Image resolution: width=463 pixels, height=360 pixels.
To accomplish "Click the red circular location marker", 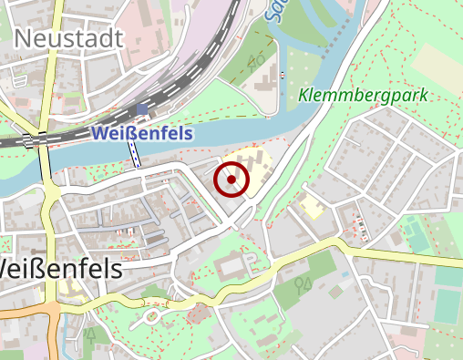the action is [231, 180].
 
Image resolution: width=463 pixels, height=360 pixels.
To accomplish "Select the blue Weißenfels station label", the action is [141, 133].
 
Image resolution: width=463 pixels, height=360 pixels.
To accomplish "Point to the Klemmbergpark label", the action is [362, 96].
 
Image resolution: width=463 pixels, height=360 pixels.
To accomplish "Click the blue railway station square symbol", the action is [141, 110].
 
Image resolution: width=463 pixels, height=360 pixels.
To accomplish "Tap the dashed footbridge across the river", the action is [136, 156].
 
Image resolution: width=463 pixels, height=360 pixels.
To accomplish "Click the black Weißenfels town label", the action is [60, 271].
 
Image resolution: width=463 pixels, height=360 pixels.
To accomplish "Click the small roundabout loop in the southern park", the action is [150, 317].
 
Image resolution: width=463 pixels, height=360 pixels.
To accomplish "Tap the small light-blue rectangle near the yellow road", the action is [345, 273].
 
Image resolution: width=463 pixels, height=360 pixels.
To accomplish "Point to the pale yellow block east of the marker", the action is [312, 205].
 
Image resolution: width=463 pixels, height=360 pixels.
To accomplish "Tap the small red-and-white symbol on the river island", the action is [283, 74].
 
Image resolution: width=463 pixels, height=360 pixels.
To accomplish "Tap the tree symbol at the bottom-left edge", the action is [90, 334].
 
